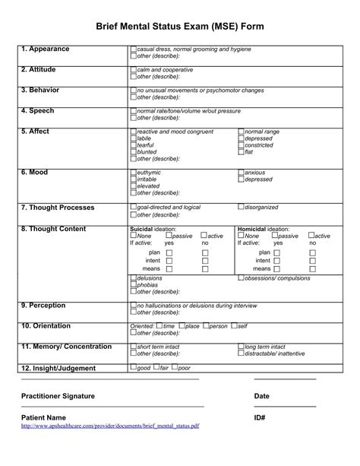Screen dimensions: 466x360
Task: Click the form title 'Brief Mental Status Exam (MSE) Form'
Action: [180, 27]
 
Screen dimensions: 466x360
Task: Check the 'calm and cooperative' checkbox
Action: [134, 70]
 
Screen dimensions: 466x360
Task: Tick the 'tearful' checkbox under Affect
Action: [134, 145]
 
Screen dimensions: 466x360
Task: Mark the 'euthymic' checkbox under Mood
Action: [134, 173]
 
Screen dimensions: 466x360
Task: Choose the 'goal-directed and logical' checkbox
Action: [134, 207]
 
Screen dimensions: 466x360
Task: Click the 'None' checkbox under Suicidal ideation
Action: [134, 236]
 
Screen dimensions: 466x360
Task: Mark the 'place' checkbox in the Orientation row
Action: [181, 326]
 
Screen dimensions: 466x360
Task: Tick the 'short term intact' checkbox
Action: [134, 347]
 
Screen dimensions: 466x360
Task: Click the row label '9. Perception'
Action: [43, 306]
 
